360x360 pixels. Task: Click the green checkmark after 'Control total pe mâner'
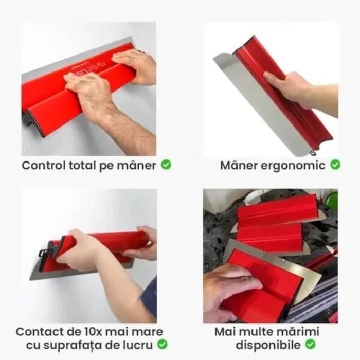tap(166, 165)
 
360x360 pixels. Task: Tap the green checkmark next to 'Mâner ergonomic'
tap(335, 165)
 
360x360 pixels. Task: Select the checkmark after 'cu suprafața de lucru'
tap(162, 344)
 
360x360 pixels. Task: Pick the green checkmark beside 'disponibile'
tap(310, 344)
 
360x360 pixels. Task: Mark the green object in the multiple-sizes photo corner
tap(331, 198)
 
